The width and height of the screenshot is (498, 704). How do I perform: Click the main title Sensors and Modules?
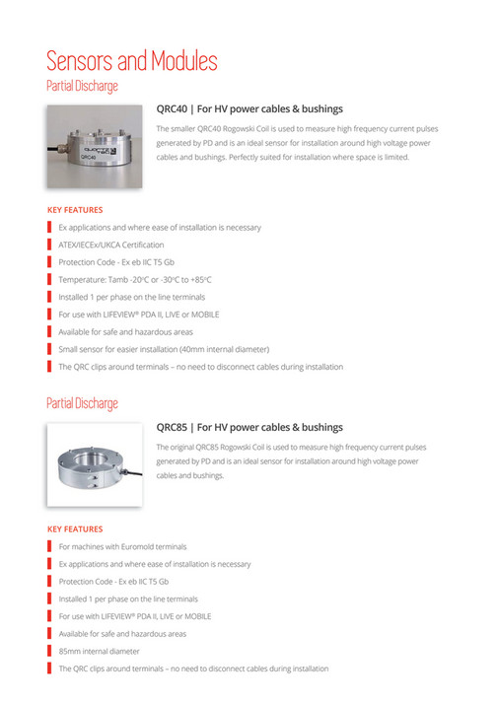[131, 61]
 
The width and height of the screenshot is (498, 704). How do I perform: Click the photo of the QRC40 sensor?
[97, 146]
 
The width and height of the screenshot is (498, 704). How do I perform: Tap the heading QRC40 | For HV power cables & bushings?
[249, 109]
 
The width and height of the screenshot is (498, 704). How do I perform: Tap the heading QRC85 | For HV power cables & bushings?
[249, 427]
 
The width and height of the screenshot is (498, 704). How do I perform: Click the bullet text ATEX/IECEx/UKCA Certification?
[111, 245]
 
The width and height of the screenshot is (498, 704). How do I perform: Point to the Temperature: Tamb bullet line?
[135, 279]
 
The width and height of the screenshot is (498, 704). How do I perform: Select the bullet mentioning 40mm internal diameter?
[164, 349]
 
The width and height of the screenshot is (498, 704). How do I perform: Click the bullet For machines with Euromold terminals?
[122, 546]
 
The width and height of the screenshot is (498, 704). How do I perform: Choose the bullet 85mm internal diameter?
[99, 651]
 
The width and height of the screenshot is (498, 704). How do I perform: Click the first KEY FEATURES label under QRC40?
[75, 209]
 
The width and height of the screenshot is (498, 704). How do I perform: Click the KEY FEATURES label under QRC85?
[75, 528]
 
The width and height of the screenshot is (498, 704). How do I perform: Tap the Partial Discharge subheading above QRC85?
[82, 403]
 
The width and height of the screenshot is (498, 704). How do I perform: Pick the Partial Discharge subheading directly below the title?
[82, 86]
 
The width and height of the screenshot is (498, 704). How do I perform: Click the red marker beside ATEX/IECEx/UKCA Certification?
[49, 245]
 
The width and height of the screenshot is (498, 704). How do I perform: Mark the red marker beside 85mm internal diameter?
[49, 651]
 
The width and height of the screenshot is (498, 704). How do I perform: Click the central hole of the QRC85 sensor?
[95, 458]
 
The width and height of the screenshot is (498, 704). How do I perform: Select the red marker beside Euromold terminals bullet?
[49, 546]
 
